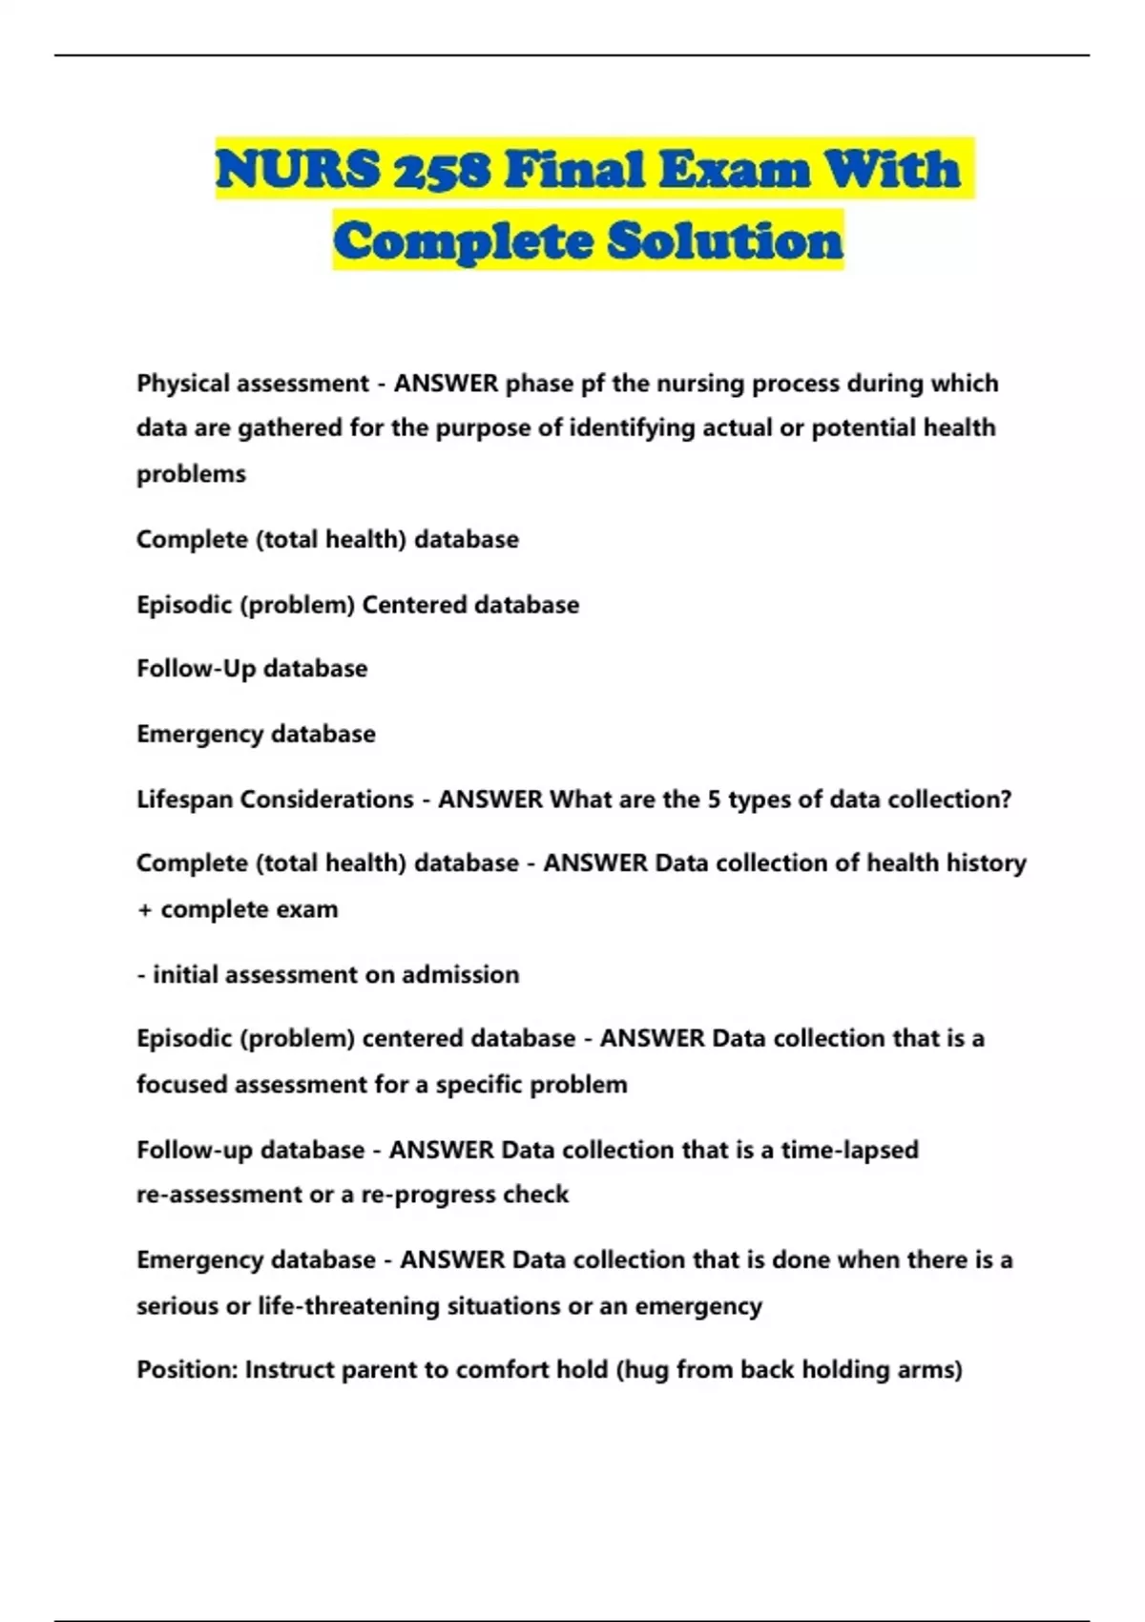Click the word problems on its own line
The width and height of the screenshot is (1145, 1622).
pos(191,474)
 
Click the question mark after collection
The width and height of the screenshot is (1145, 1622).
pos(1006,800)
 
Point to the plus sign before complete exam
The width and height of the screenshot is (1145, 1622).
pos(144,909)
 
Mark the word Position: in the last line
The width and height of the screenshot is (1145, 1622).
pos(187,1370)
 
